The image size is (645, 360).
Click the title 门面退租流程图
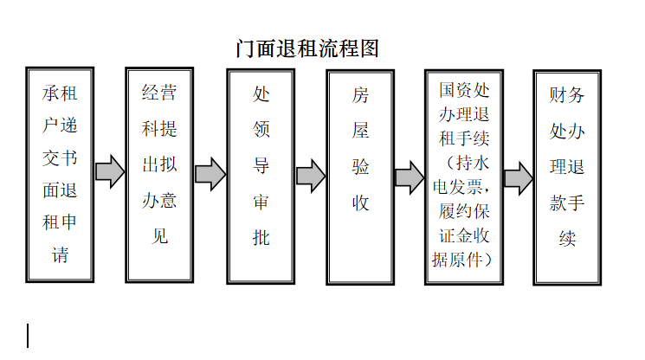tap(307, 49)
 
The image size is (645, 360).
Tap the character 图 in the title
tap(369, 49)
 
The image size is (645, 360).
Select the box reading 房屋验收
tap(360, 177)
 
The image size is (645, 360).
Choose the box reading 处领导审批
tap(261, 177)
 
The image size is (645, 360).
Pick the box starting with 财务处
tap(567, 177)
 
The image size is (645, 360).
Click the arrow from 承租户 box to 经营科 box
tap(110, 172)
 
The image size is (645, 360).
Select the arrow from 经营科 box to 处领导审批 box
tap(210, 174)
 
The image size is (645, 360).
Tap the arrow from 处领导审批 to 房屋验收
tap(311, 176)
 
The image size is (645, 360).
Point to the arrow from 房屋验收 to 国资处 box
tap(410, 177)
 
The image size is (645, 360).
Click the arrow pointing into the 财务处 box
tap(519, 178)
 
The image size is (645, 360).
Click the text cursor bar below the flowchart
tap(28, 336)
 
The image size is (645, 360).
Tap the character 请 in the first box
tap(60, 254)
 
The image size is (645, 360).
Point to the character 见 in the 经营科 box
tap(159, 236)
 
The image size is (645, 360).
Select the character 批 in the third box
tap(261, 237)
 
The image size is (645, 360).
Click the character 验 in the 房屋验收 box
tap(360, 167)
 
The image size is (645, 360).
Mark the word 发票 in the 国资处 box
tap(465, 187)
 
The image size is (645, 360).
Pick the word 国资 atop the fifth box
tap(455, 90)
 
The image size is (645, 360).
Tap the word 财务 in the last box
tap(567, 95)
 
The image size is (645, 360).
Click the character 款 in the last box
tap(558, 203)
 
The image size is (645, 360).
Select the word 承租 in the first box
tap(60, 93)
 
